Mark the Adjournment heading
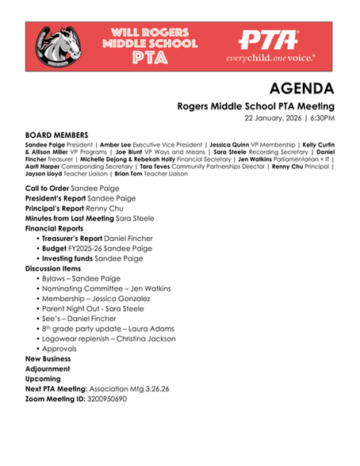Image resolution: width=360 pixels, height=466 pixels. (48, 369)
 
